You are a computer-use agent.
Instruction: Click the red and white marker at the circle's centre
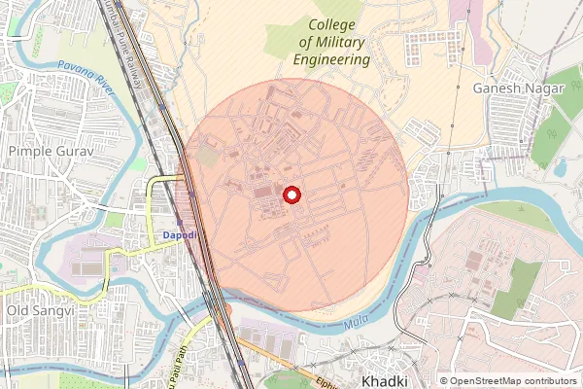(291, 195)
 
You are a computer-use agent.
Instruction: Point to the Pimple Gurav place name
(48, 152)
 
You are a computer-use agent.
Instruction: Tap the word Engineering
(333, 59)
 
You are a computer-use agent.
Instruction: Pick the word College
(332, 25)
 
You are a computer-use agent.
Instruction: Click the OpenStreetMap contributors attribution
(514, 381)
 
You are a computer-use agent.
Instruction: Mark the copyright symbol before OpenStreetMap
(444, 381)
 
